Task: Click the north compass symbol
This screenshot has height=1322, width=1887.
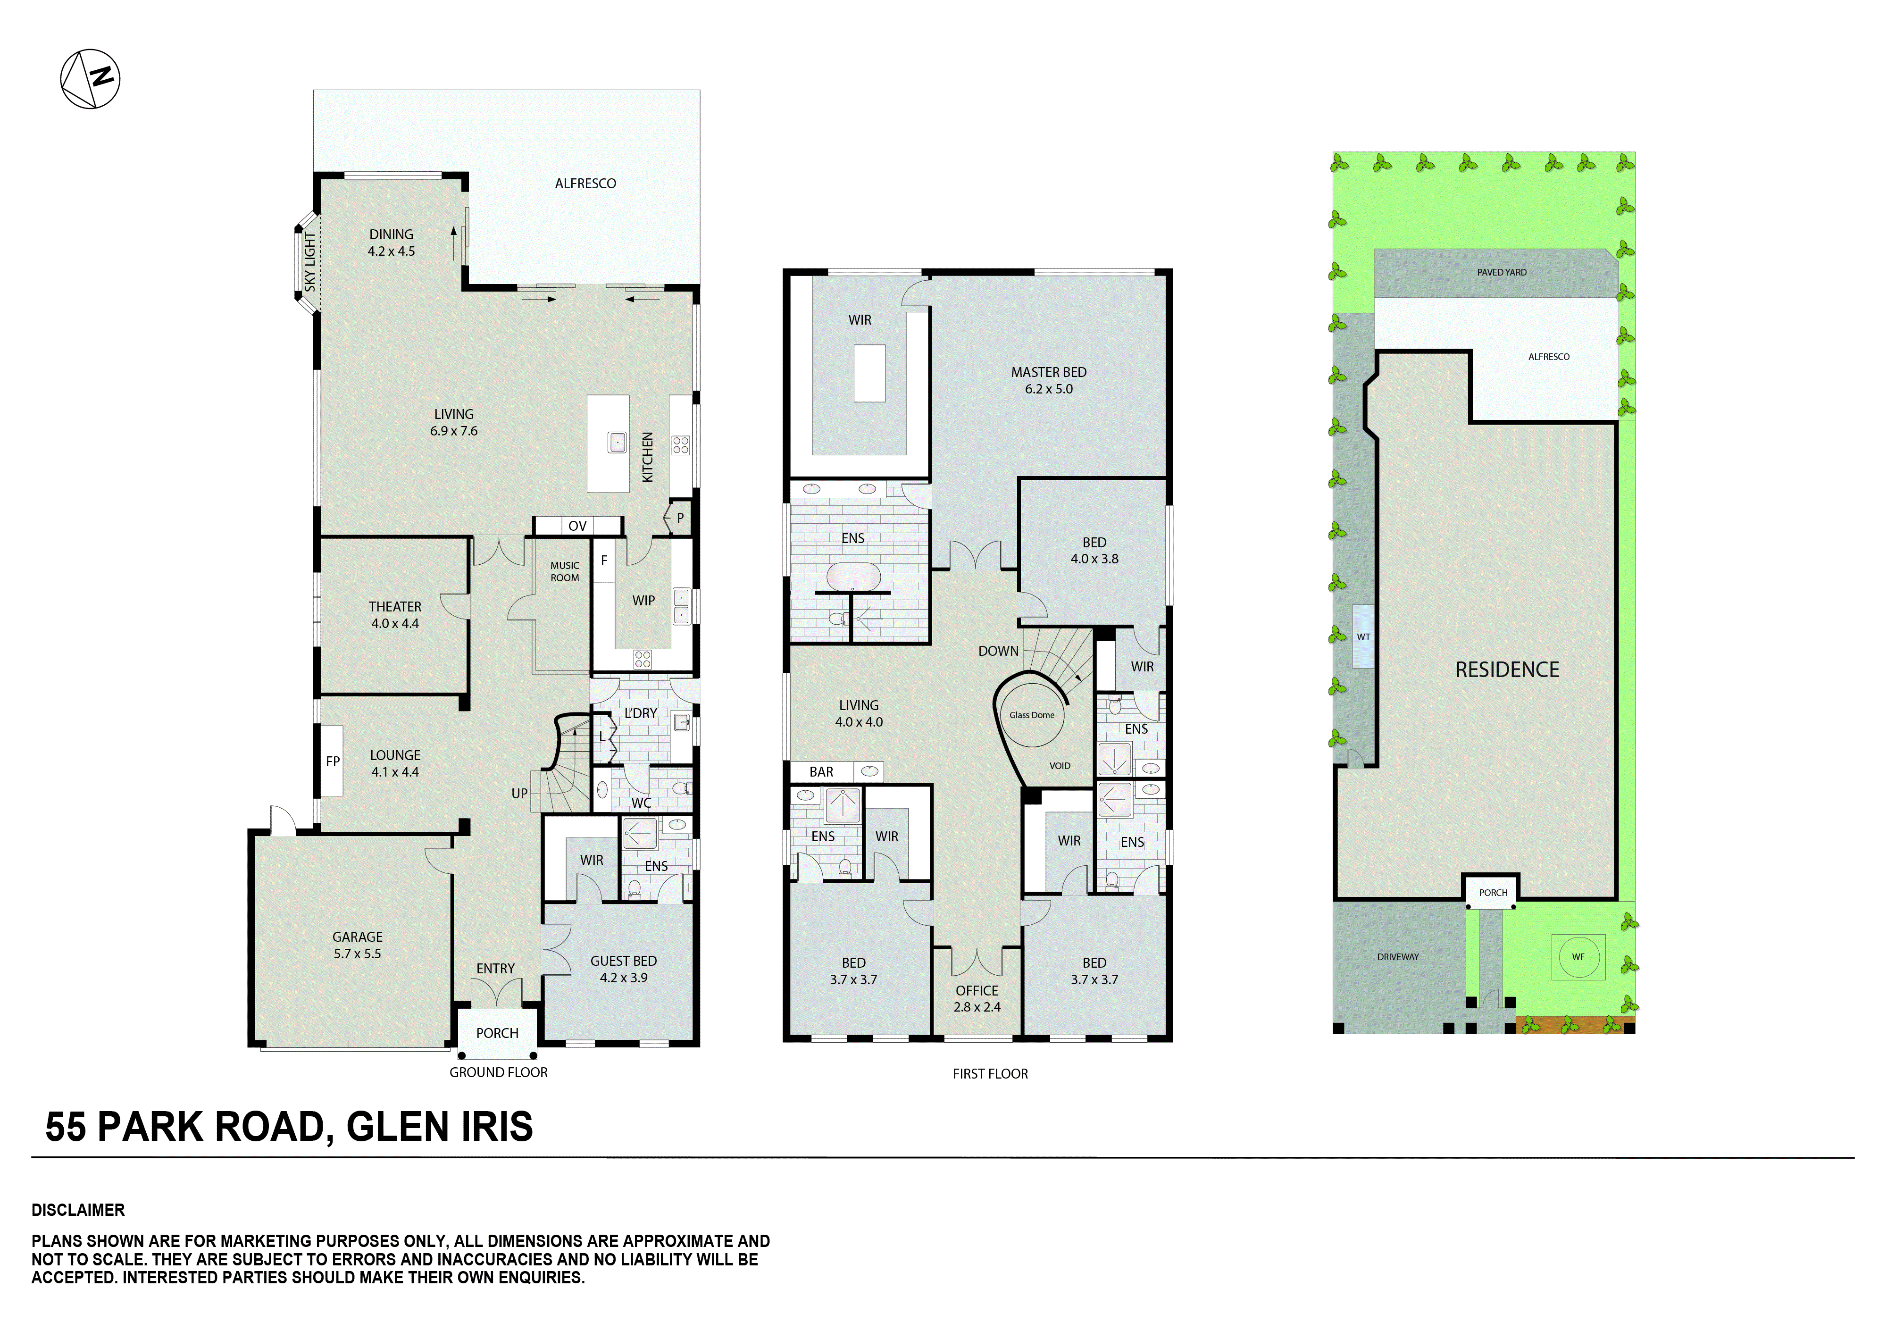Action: pos(91,79)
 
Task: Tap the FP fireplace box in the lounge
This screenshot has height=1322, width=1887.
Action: pos(332,761)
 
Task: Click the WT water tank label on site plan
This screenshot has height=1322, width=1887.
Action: pos(1363,636)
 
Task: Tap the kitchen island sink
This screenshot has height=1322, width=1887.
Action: pos(617,442)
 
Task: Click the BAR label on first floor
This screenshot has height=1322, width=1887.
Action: pos(821,772)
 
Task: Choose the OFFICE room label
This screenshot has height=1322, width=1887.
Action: pos(977,991)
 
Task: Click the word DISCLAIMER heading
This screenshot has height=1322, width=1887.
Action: pos(78,1210)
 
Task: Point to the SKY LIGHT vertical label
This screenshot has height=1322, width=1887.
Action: pos(310,261)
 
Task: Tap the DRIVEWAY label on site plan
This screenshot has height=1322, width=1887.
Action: pos(1397,957)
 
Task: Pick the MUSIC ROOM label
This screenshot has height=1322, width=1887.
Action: pos(565,571)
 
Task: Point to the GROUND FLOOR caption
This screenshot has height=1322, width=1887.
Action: pos(498,1072)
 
